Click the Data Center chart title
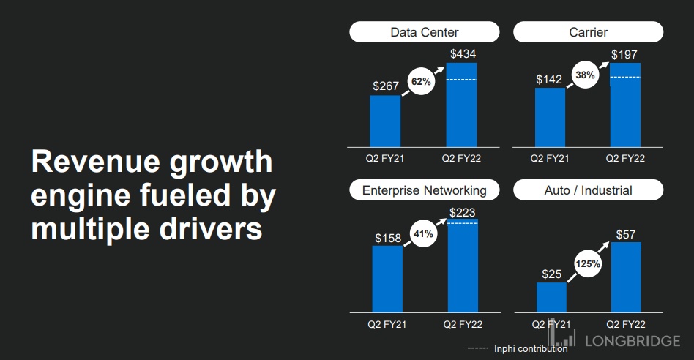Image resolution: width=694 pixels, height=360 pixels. [425, 32]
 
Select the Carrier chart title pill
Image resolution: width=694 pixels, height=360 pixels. [588, 32]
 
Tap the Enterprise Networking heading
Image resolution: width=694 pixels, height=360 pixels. [425, 190]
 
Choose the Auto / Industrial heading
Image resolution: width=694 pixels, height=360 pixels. [588, 190]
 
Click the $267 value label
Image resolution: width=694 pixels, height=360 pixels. [386, 86]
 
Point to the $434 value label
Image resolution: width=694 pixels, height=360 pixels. [462, 54]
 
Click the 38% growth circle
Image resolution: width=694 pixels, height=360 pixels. [584, 75]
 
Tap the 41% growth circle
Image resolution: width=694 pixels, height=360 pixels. [423, 234]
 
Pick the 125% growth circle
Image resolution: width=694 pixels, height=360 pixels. [587, 264]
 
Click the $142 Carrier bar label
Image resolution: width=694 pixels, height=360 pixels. [549, 79]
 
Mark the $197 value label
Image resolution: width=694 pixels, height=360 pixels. [626, 54]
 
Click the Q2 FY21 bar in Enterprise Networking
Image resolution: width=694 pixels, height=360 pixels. [387, 278]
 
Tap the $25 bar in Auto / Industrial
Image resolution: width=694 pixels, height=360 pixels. [551, 297]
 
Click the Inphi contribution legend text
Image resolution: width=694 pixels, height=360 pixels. [531, 349]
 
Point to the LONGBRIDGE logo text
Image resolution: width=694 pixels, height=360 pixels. [633, 340]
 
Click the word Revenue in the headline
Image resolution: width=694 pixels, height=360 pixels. [92, 162]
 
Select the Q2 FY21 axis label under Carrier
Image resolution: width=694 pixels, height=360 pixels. [550, 157]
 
